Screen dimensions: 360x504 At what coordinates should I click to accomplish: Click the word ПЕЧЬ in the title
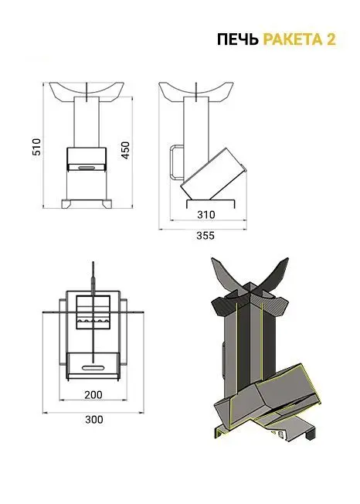pyautogui.click(x=238, y=39)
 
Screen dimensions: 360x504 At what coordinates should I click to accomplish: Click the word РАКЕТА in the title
pyautogui.click(x=293, y=39)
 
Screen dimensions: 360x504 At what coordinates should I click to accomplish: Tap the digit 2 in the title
pyautogui.click(x=331, y=39)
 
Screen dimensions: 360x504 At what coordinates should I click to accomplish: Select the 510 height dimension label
pyautogui.click(x=37, y=147)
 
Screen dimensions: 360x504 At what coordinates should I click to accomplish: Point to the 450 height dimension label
pyautogui.click(x=125, y=150)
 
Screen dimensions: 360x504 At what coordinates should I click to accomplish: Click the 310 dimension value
pyautogui.click(x=205, y=214)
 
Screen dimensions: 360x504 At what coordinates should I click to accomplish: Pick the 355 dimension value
pyautogui.click(x=205, y=236)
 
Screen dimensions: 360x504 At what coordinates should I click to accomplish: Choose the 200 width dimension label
pyautogui.click(x=93, y=395)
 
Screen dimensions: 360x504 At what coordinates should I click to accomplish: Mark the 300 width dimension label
pyautogui.click(x=94, y=420)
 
